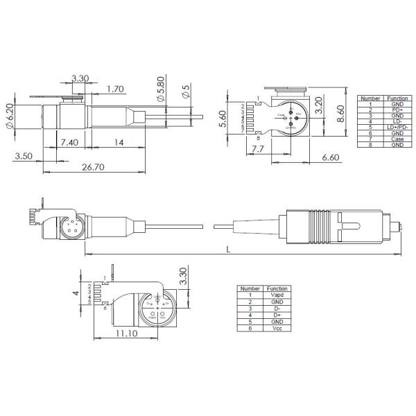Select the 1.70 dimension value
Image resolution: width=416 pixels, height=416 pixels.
click(116, 89)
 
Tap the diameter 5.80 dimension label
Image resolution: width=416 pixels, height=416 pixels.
click(160, 92)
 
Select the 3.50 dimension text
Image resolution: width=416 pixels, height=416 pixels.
click(24, 157)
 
